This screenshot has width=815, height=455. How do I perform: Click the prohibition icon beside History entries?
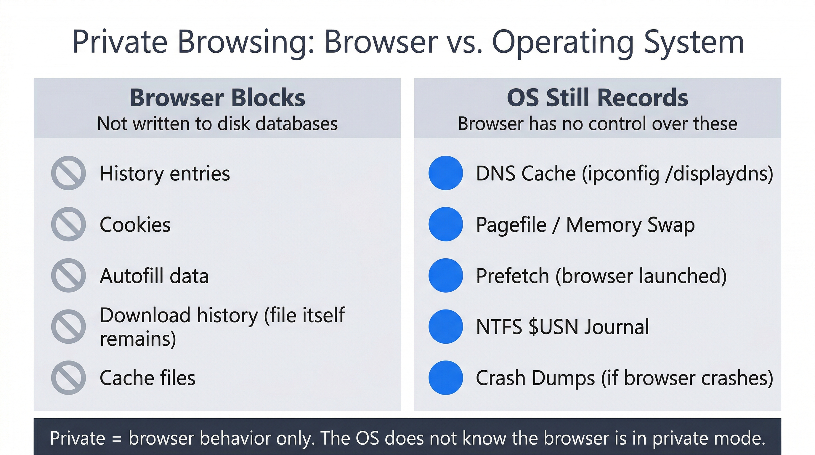tap(68, 173)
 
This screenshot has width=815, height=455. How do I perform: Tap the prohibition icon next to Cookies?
tap(68, 224)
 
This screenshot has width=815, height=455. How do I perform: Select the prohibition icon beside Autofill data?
tap(68, 275)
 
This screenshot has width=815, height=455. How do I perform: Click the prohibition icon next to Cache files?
tap(68, 377)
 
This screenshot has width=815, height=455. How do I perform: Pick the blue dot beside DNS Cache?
tap(445, 173)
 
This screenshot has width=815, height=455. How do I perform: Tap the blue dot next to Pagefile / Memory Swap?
tap(445, 224)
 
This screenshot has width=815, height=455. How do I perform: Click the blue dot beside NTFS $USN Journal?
tap(445, 326)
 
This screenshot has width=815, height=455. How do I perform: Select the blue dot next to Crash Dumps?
tap(445, 377)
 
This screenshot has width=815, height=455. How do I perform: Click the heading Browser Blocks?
tap(217, 97)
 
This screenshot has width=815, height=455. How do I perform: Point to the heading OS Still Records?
tap(597, 97)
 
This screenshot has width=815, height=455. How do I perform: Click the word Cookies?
tap(135, 225)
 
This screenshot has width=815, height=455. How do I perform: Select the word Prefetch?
tap(512, 276)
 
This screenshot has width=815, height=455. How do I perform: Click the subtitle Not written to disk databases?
tap(217, 124)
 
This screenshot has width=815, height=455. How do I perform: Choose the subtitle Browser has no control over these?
tap(597, 124)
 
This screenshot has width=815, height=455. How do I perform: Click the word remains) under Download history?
tap(138, 339)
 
